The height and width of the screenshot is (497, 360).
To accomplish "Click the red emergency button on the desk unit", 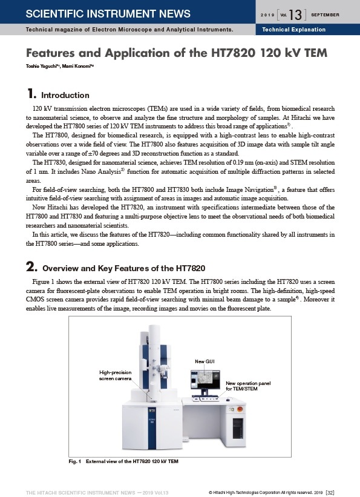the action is coord(240,409).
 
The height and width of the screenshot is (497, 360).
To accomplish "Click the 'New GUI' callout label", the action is coord(205,361).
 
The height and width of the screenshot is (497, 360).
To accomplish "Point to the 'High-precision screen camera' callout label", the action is coord(116,375).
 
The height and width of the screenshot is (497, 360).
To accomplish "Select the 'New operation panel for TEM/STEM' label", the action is coord(248,386).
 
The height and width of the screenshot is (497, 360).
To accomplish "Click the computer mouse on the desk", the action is coord(227,400).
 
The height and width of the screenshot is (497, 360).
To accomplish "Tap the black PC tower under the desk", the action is coord(238,428).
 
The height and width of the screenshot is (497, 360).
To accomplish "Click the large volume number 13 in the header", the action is coord(295,15).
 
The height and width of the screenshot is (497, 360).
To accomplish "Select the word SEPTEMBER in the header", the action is coord(325,15).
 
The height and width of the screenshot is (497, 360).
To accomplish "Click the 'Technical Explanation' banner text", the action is coord(294,30).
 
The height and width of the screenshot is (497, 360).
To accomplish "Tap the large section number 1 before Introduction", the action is coord(31,93).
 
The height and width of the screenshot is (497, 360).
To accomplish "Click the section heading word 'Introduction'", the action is coord(65,95).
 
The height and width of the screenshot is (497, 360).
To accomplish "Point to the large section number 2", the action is coord(31,266).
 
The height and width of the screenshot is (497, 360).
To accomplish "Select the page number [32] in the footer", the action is coord(330,493).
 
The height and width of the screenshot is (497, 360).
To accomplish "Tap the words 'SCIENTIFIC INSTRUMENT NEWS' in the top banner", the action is coord(108,14).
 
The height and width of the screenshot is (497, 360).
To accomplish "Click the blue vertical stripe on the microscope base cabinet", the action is coord(152,428).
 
